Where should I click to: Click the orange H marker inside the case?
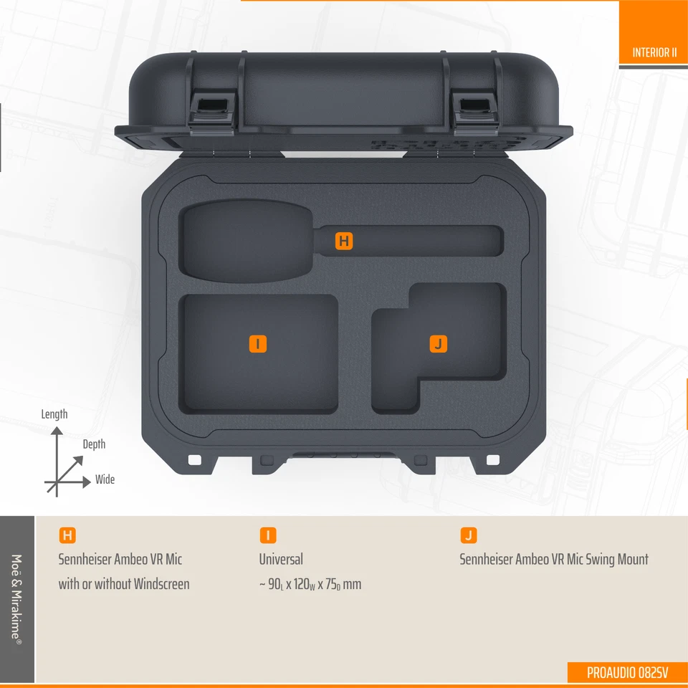[344, 242]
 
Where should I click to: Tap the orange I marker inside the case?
[258, 343]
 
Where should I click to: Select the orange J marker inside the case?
[438, 343]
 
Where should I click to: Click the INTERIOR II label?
[654, 52]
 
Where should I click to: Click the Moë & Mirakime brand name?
[17, 598]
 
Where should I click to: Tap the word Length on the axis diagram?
[54, 414]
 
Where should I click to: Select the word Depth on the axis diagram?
[94, 444]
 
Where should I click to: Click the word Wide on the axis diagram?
[105, 479]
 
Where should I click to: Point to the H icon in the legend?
[67, 535]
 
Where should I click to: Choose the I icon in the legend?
[267, 535]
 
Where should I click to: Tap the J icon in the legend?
[468, 535]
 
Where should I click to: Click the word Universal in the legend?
[281, 559]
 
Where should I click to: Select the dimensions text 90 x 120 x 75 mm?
[310, 584]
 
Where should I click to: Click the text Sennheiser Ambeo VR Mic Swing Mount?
[553, 559]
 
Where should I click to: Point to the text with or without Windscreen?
[124, 584]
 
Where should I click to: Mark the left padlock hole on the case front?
[193, 459]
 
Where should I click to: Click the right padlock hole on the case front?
[493, 459]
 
